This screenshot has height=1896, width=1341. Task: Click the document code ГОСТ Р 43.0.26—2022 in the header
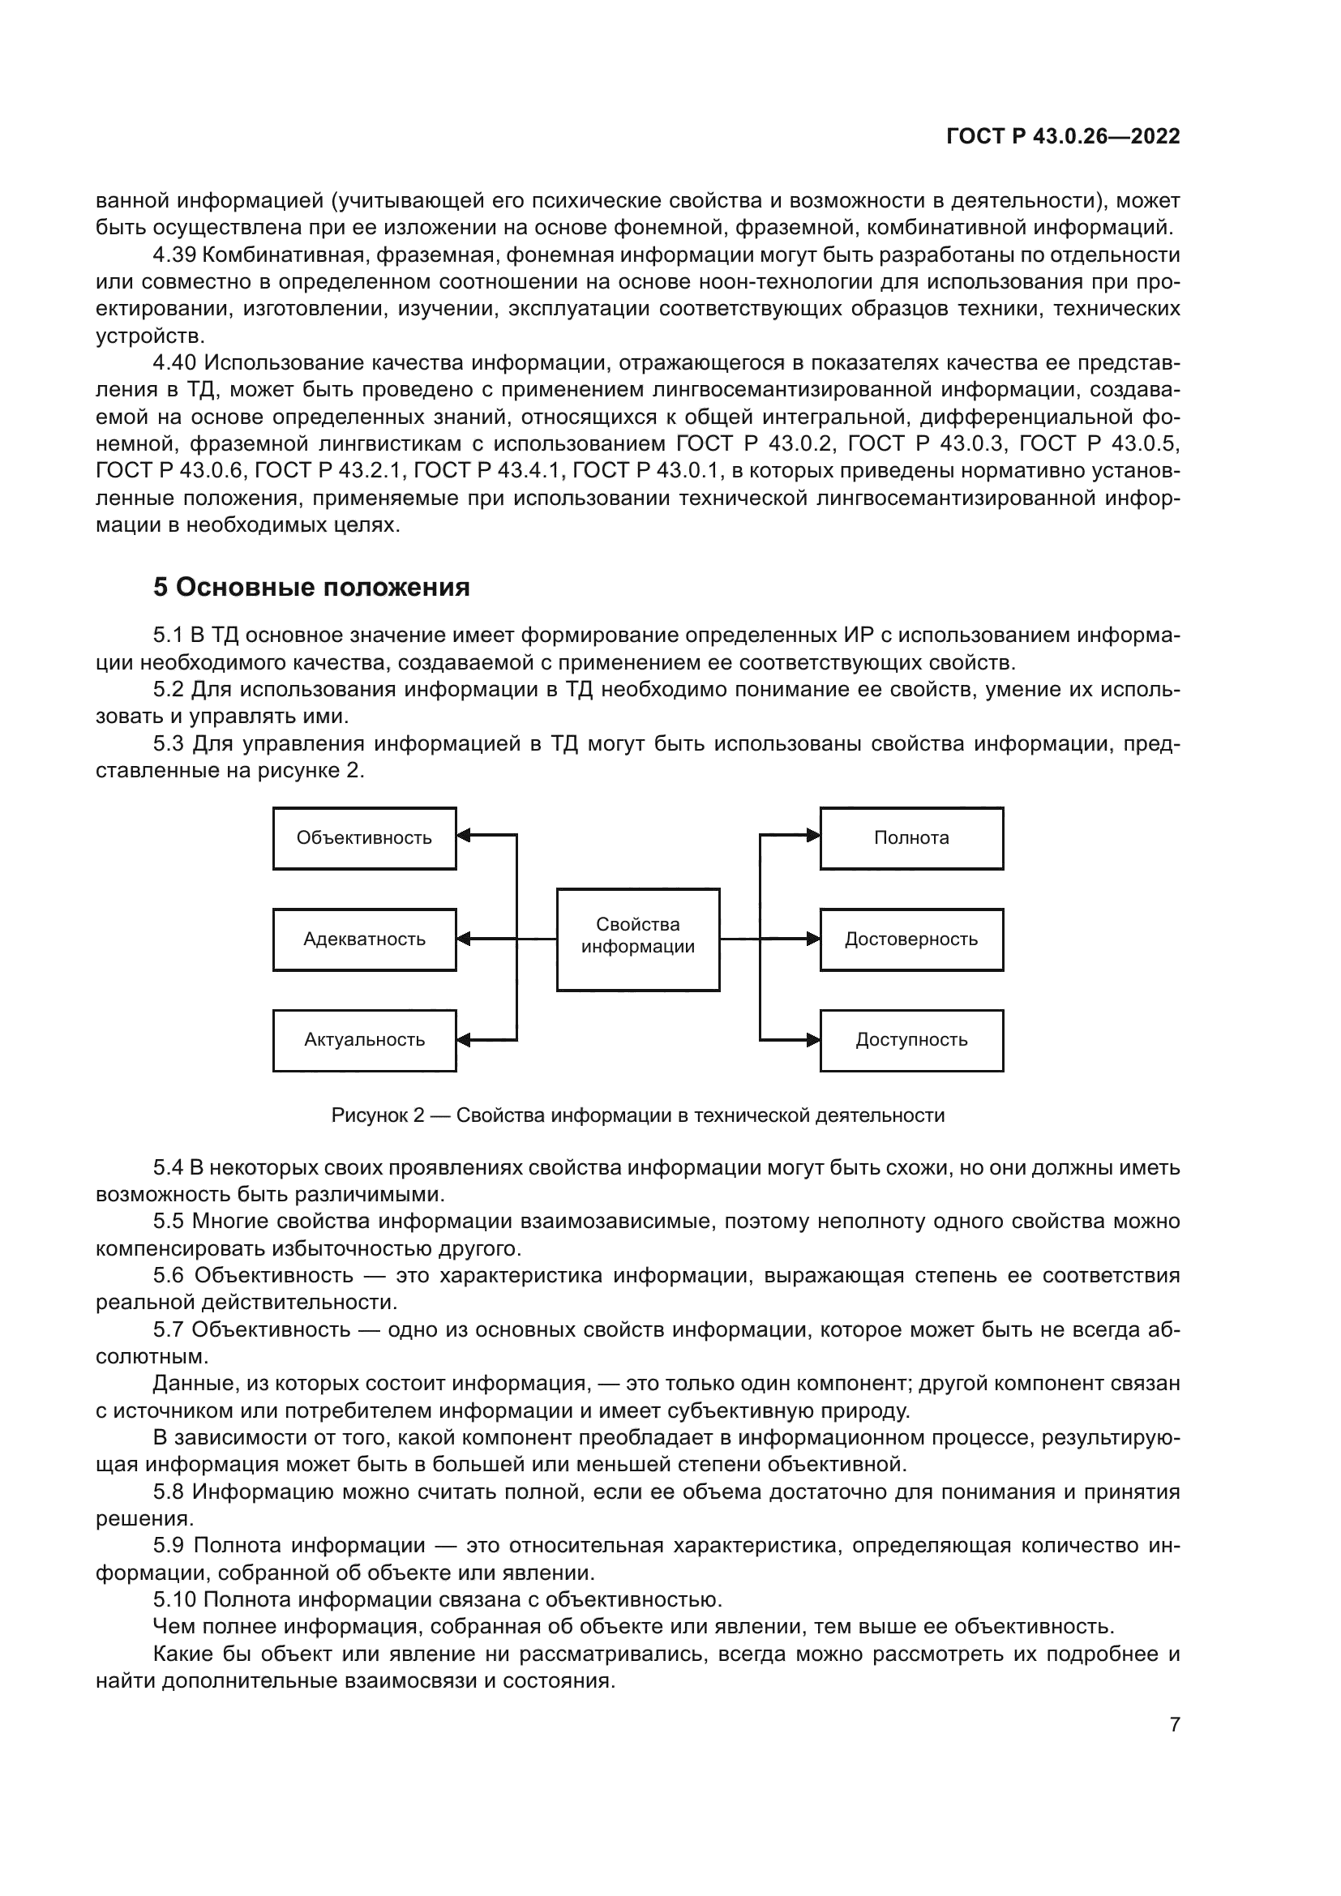point(1063,137)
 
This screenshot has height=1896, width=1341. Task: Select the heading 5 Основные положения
point(311,587)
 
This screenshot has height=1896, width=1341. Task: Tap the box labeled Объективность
point(364,838)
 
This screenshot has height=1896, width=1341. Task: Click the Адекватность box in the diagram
point(364,939)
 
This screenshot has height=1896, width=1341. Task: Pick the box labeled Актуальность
point(364,1041)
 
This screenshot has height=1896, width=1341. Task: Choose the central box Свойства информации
point(637,939)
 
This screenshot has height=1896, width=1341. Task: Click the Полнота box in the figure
point(911,838)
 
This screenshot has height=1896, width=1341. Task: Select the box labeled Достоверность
point(911,939)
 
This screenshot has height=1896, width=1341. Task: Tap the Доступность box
point(911,1041)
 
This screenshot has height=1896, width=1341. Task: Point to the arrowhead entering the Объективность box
point(464,836)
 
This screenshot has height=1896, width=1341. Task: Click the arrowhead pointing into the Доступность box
point(813,1041)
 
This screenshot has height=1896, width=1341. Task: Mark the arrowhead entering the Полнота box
point(813,836)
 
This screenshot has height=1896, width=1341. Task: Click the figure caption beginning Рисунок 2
point(637,1115)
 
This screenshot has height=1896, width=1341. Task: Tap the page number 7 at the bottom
point(1174,1724)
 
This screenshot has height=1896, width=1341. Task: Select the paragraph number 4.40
point(174,363)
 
